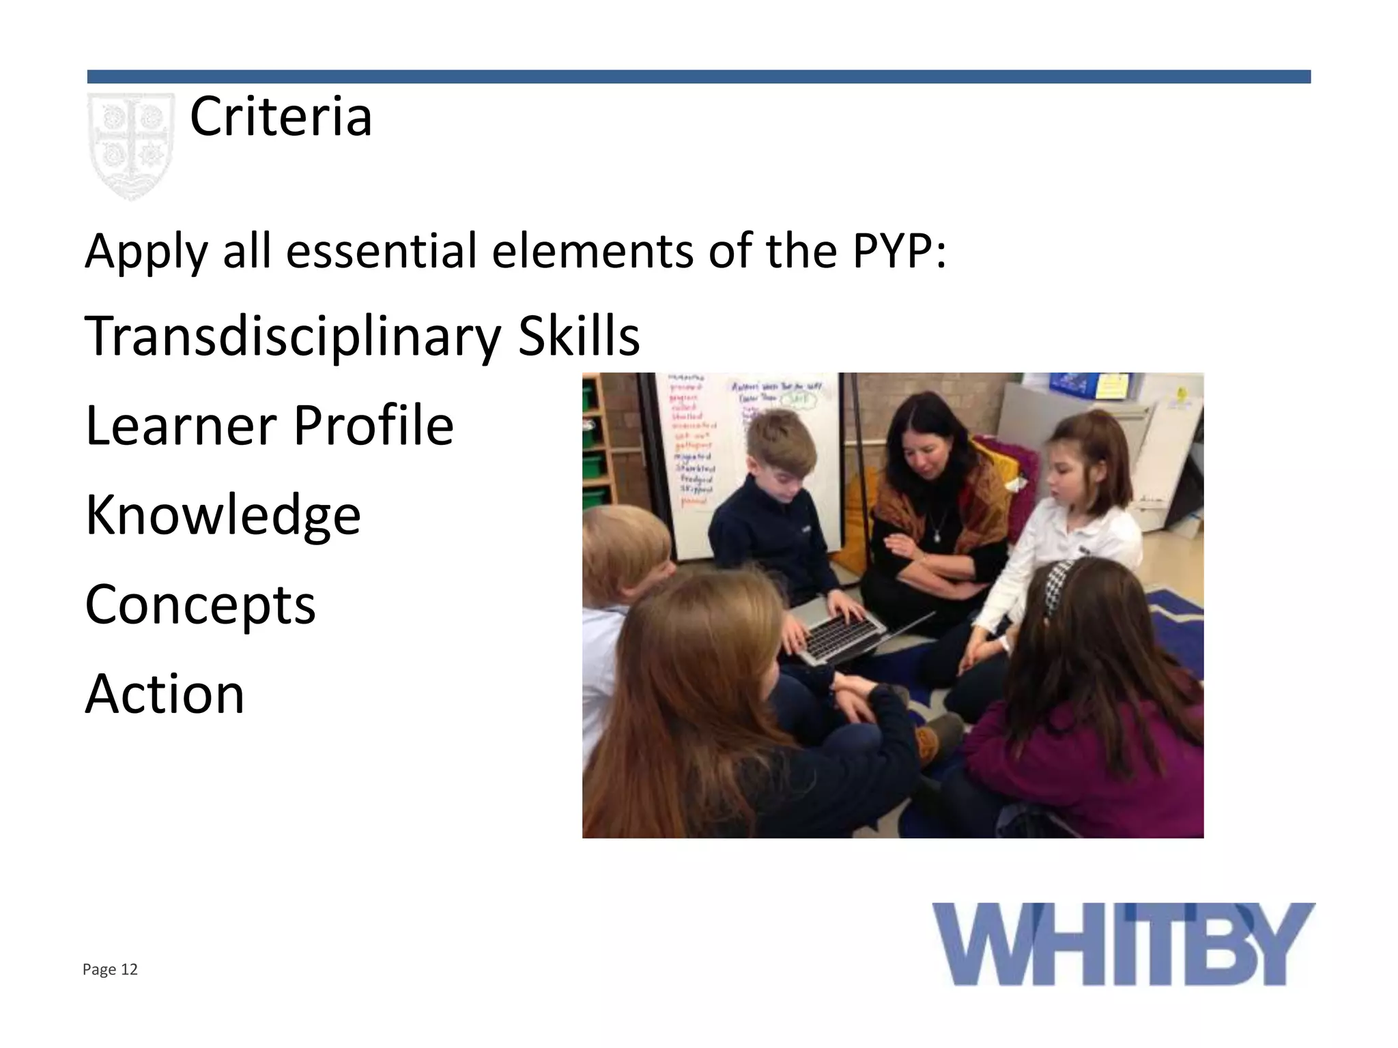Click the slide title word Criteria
281,117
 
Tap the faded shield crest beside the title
130,145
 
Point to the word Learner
179,425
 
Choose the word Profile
373,425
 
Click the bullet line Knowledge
223,515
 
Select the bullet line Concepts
200,605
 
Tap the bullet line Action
165,694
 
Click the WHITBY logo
1123,944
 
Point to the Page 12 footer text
110,970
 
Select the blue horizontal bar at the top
698,76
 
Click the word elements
593,250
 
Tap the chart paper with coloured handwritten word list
691,441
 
